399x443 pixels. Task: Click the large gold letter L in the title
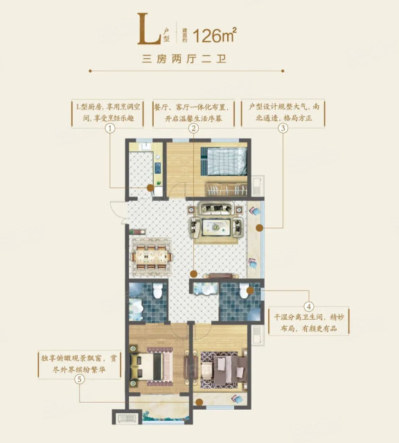point(149,29)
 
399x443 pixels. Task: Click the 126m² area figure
point(214,35)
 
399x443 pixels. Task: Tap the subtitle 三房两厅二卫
point(185,60)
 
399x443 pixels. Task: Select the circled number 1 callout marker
point(110,129)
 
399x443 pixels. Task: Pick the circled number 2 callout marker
point(193,129)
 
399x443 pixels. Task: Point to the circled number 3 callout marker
point(283,129)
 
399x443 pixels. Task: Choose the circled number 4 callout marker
point(309,306)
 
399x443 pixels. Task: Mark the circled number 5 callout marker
point(80,379)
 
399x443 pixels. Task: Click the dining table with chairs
point(151,257)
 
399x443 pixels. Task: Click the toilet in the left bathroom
point(157,291)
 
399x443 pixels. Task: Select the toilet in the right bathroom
point(243,291)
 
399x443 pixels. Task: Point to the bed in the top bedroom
point(224,161)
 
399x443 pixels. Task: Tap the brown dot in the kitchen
point(150,188)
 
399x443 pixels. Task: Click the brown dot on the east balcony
point(260,228)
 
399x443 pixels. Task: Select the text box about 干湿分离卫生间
point(309,323)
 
